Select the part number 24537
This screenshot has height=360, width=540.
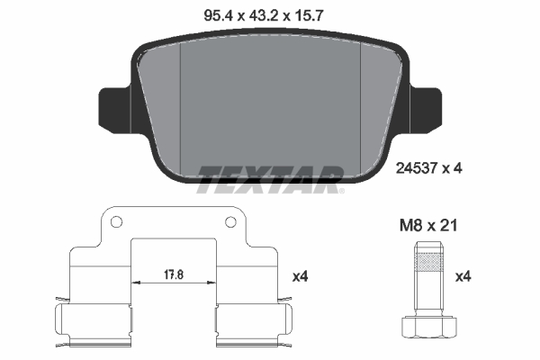pos(415,166)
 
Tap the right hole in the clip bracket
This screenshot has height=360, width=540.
pos(229,222)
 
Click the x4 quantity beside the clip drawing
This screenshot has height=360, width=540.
pos(301,278)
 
